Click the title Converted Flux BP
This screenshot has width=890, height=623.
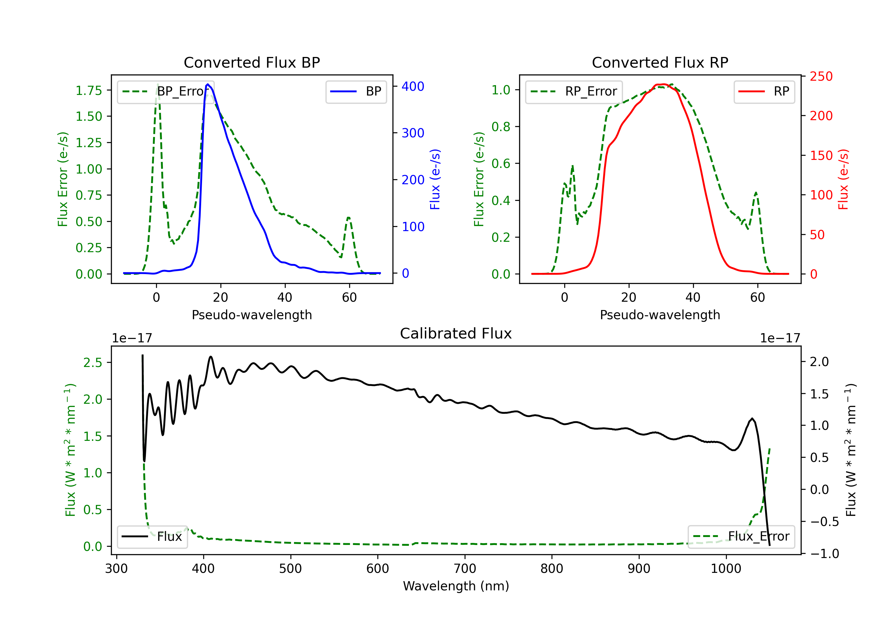coord(252,62)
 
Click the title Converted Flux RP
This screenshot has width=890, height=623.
coord(660,62)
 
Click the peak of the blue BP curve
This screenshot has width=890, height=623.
coord(208,84)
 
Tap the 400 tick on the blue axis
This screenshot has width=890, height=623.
coord(413,86)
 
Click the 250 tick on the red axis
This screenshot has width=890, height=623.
coord(821,76)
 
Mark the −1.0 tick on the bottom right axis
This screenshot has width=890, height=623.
coord(824,554)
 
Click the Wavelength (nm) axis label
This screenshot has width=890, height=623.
coord(456,586)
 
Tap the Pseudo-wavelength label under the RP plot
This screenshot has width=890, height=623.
coord(660,315)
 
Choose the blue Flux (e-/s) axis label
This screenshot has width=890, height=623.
coord(435,179)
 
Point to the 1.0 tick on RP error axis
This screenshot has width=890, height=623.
coord(501,90)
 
